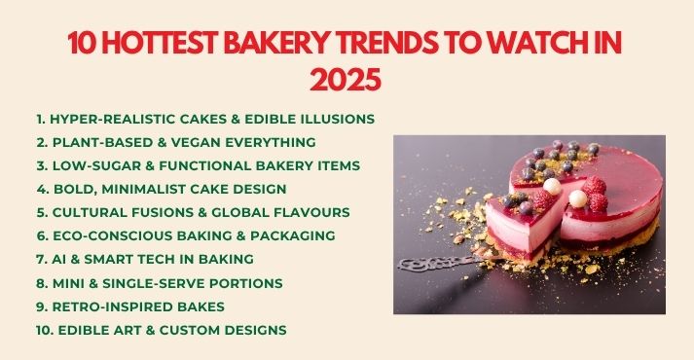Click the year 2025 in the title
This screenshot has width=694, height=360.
(346, 79)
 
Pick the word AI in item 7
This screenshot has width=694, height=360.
(60, 259)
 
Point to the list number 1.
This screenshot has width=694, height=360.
(40, 119)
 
